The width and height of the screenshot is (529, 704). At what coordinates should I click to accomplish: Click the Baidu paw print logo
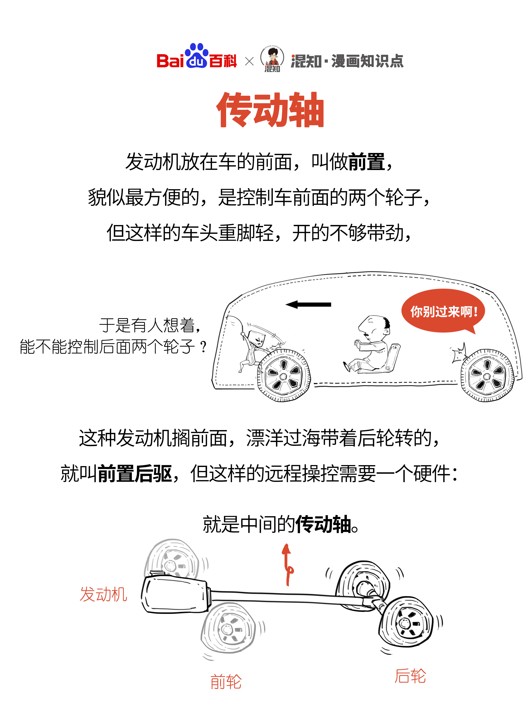pyautogui.click(x=196, y=56)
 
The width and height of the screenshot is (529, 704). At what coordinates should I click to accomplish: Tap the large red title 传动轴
pyautogui.click(x=270, y=110)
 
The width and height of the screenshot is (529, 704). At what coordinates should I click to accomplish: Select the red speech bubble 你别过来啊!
pyautogui.click(x=443, y=311)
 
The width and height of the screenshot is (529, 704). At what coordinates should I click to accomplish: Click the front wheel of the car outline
pyautogui.click(x=284, y=375)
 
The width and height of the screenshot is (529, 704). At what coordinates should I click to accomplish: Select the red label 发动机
pyautogui.click(x=103, y=594)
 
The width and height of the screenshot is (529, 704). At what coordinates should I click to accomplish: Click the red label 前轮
pyautogui.click(x=226, y=682)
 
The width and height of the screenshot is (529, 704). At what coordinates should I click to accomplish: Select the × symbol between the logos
pyautogui.click(x=249, y=61)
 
